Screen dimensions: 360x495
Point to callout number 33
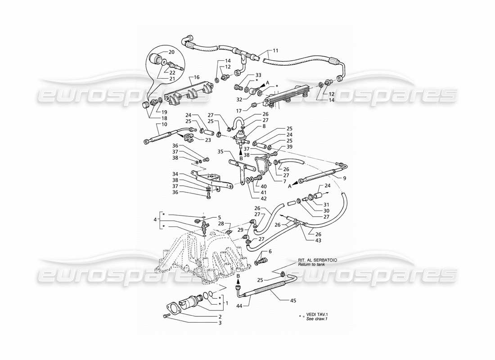click(258, 74)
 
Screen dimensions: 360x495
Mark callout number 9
click(344, 179)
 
